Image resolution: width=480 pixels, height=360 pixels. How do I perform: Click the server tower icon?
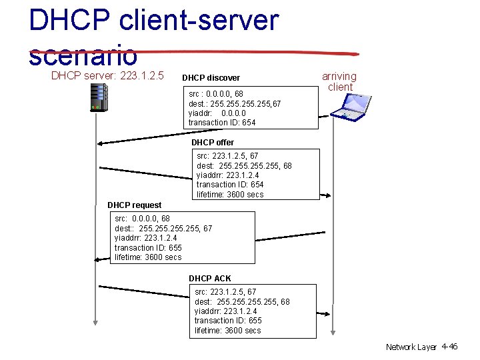99,98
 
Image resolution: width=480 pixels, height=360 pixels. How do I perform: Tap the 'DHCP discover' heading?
211,78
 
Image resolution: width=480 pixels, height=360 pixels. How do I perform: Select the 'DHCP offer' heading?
213,143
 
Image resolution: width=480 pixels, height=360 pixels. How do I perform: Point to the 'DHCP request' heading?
134,205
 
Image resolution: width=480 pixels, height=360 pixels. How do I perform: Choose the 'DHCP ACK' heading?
210,279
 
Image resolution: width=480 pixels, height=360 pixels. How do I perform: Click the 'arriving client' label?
339,82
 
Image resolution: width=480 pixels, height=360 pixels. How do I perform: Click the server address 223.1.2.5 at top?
142,75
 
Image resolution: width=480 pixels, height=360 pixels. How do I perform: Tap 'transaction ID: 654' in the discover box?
222,123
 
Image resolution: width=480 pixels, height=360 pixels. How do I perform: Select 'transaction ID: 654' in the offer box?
230,185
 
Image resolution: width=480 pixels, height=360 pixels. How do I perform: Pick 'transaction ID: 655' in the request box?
148,248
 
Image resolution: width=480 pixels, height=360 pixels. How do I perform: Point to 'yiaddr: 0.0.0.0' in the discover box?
217,113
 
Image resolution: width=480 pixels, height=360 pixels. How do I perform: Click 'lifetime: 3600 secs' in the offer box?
230,195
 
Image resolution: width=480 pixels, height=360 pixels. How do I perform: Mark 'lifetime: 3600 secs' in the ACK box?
228,331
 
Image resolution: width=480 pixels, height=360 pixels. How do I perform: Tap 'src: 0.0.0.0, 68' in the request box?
142,219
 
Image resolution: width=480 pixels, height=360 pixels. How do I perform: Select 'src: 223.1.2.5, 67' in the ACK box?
225,292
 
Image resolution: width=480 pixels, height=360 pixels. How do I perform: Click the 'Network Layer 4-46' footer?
421,347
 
